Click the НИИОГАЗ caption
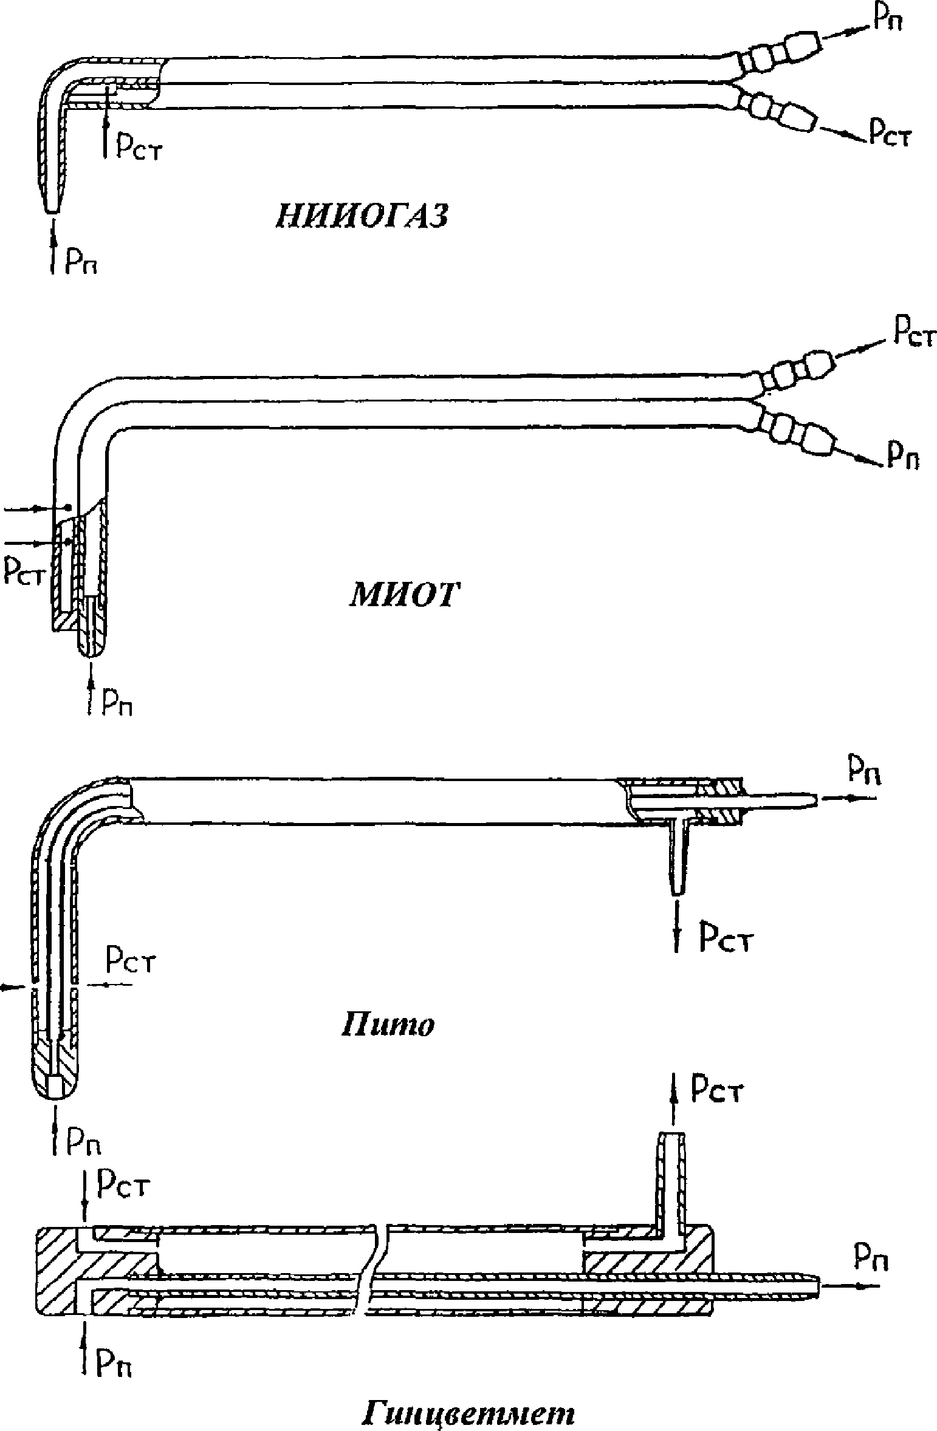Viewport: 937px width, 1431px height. click(362, 216)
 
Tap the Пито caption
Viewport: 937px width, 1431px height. click(387, 1025)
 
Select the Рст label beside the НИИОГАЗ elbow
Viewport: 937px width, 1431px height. click(139, 149)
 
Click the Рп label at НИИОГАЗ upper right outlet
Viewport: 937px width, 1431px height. click(887, 19)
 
